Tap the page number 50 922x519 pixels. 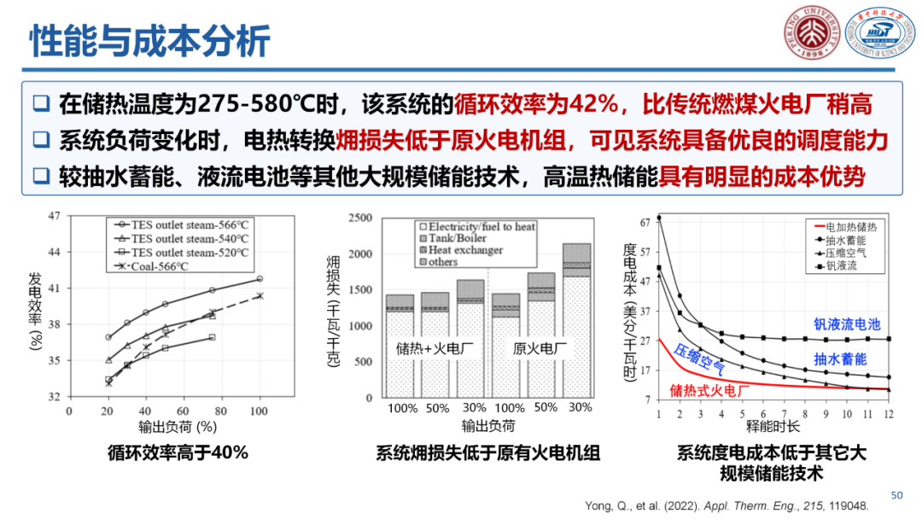coord(896,495)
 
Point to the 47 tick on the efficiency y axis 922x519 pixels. coord(54,217)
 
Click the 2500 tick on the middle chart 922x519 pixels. coord(360,219)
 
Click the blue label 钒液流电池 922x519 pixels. coord(845,324)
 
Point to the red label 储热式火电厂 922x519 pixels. coord(709,390)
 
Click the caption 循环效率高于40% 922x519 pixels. coord(178,452)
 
